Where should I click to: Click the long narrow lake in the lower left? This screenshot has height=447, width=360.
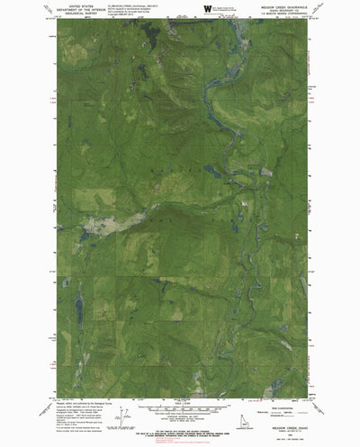(x=79, y=310)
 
